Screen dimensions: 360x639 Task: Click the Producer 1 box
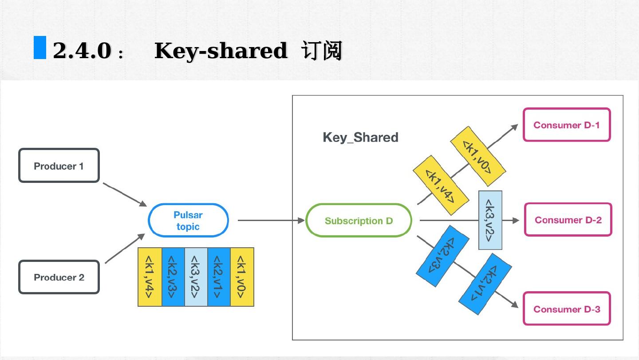point(59,166)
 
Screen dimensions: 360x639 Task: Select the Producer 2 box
point(59,277)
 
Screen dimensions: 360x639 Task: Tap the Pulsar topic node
point(188,220)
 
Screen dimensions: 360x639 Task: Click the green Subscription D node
point(359,220)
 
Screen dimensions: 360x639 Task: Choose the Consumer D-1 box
point(567,125)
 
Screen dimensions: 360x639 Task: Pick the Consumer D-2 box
point(568,220)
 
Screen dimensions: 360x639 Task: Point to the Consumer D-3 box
point(567,309)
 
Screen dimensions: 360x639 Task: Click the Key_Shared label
point(360,137)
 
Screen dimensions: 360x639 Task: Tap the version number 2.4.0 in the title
point(82,50)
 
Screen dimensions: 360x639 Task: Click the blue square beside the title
point(40,47)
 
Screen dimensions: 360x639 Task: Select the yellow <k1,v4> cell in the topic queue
point(150,277)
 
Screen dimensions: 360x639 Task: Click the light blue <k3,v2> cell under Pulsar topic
point(196,277)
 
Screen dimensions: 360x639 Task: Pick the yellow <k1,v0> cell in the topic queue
point(242,277)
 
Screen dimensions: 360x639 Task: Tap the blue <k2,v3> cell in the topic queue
point(173,277)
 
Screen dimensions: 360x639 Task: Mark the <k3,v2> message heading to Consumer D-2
point(490,220)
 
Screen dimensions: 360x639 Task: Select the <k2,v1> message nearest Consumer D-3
point(485,284)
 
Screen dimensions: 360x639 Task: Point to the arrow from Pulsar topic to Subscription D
point(271,220)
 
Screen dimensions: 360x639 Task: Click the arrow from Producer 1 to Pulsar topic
point(124,194)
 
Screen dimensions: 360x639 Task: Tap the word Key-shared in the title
point(221,50)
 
